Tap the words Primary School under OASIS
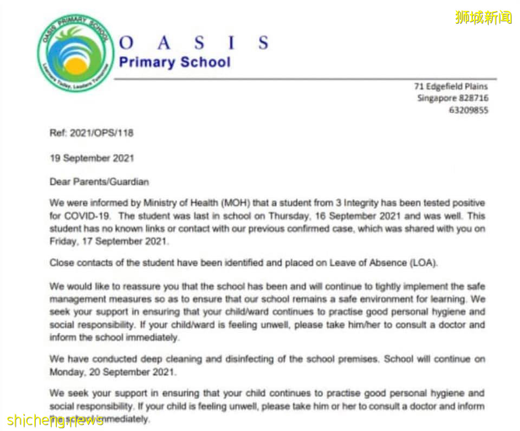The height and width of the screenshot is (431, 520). click(x=174, y=62)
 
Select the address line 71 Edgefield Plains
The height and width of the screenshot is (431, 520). click(x=451, y=87)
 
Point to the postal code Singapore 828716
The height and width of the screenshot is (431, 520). click(x=452, y=98)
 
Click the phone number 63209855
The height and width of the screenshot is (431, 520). click(x=469, y=110)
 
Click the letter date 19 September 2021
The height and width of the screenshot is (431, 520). click(x=92, y=159)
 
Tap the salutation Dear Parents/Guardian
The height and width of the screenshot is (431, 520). click(x=99, y=182)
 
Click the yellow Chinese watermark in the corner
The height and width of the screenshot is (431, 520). click(x=483, y=17)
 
